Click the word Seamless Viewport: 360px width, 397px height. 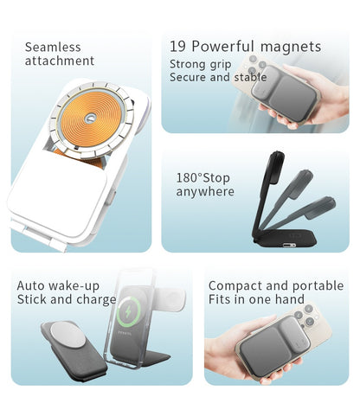pyautogui.click(x=53, y=48)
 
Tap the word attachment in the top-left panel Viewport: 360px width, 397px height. pyautogui.click(x=60, y=61)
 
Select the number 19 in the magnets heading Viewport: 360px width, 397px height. pyautogui.click(x=178, y=47)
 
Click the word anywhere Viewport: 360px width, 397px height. pyautogui.click(x=205, y=191)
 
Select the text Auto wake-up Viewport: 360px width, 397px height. pyautogui.click(x=58, y=285)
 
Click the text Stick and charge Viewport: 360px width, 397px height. pyautogui.click(x=67, y=299)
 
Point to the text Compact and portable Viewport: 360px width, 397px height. pyautogui.click(x=275, y=285)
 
